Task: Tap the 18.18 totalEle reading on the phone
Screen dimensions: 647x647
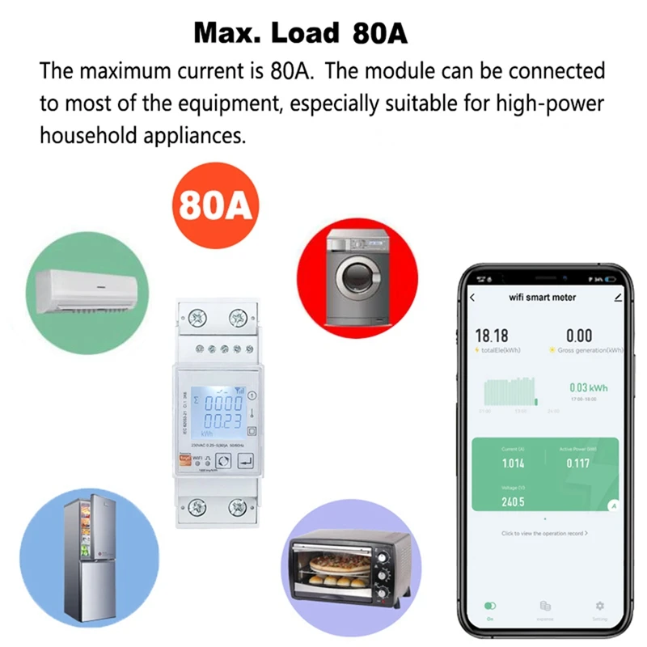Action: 492,336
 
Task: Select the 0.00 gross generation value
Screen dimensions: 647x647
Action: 579,336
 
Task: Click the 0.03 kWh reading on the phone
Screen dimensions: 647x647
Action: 589,388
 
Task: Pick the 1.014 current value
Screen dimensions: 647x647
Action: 513,463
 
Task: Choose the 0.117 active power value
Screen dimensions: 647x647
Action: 577,463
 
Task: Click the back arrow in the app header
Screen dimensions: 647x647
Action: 473,297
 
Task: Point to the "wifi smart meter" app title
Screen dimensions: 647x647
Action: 542,297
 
